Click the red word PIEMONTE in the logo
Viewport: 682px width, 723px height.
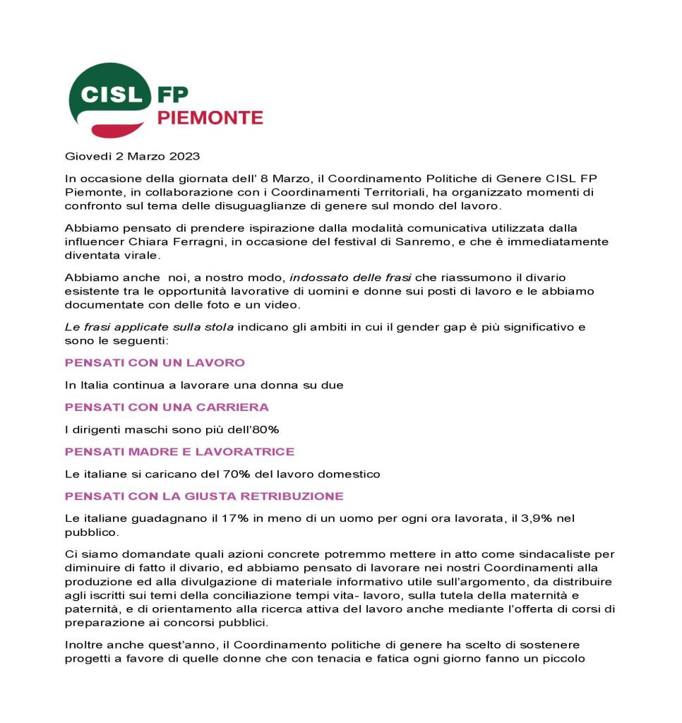click(210, 118)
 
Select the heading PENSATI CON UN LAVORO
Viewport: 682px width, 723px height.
click(155, 363)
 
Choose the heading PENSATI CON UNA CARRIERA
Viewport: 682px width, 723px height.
click(167, 407)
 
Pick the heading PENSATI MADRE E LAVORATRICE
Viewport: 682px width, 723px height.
click(179, 452)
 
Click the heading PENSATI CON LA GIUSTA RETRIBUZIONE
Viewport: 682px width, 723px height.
click(204, 496)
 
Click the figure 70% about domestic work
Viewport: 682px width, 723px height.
click(230, 474)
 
